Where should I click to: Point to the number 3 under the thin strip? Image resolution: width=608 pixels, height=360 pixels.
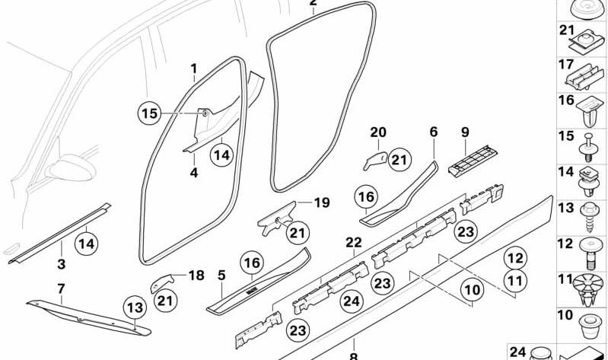click(62, 265)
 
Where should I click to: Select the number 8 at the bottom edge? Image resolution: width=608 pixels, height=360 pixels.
click(352, 355)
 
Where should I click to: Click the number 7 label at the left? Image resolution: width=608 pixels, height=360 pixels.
click(60, 289)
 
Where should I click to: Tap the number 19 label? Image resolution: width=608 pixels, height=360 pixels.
click(322, 203)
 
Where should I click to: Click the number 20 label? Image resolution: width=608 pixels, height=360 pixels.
click(378, 132)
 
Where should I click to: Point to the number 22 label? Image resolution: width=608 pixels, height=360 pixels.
click(352, 242)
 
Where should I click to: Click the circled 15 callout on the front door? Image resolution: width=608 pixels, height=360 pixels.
click(149, 115)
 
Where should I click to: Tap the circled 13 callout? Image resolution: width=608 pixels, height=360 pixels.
click(135, 308)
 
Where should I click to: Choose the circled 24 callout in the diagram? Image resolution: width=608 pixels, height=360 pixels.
click(350, 301)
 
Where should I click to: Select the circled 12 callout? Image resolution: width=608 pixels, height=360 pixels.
click(516, 259)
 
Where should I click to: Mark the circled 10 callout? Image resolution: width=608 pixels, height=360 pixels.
click(473, 290)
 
